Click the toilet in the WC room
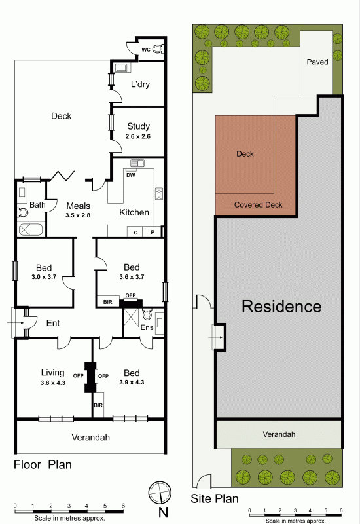pos(158,50)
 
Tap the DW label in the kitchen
pos(130,175)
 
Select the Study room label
pos(139,126)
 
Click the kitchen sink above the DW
pos(137,163)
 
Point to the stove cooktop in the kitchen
pos(159,194)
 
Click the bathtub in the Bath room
pos(31,230)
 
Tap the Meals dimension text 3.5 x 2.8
pos(78,215)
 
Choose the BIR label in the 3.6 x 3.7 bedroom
pos(107,302)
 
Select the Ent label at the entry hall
pos(53,323)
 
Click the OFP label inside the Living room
pos(78,375)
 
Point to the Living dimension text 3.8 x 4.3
pos(53,383)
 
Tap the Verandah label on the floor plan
pos(90,437)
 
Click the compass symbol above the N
pos(160,493)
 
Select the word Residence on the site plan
pos(281,307)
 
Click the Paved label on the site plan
pos(317,62)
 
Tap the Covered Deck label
pos(258,205)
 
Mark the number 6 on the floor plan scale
pos(123,506)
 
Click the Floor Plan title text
pos(43,464)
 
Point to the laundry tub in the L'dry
pos(120,68)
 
